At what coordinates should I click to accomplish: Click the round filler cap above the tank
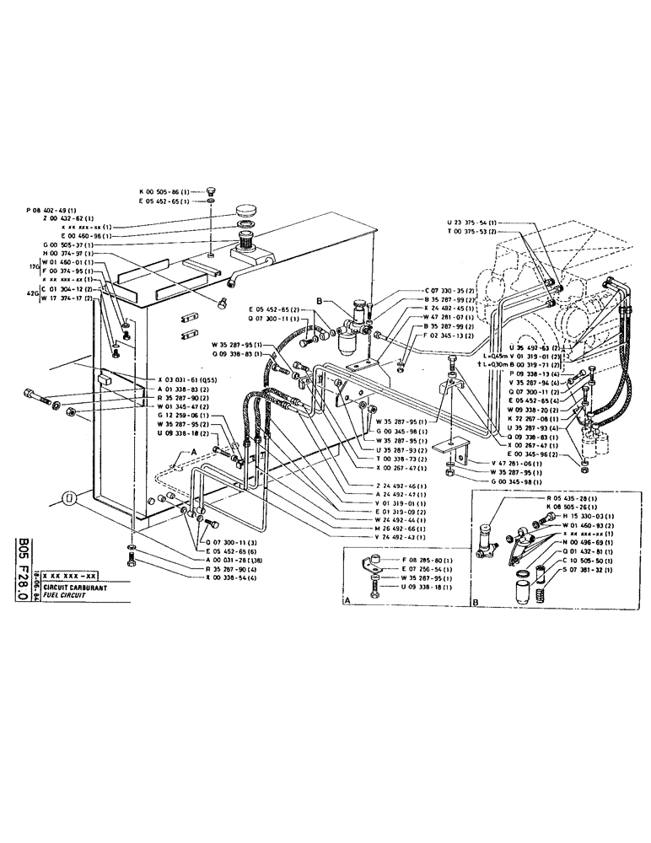coord(247,209)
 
